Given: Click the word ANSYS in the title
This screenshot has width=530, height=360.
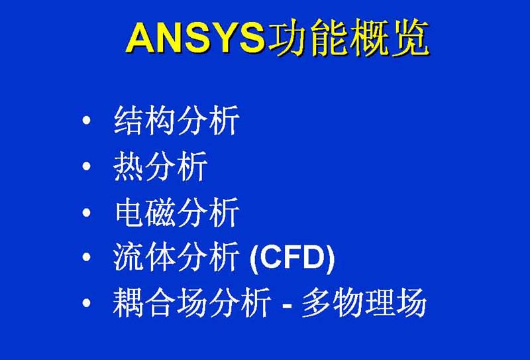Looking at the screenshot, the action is [x=195, y=38].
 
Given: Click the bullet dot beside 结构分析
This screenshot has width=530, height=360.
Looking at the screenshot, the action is [x=87, y=120].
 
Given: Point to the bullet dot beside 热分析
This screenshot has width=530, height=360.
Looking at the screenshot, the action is [x=87, y=166].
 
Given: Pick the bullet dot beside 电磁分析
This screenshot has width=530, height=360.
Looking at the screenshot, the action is [x=87, y=212].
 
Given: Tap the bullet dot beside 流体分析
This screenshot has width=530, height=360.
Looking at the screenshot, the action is [x=87, y=257].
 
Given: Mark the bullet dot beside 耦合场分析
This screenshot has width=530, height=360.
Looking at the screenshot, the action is [x=87, y=302].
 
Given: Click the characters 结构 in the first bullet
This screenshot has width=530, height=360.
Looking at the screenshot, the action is [x=144, y=120].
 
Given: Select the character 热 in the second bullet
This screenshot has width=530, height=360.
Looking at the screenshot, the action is [x=129, y=166].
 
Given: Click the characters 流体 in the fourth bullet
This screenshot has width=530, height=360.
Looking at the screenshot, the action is [x=144, y=257].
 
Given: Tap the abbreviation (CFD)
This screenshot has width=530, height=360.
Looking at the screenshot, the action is [x=292, y=258].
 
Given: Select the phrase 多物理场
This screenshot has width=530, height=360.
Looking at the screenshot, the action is [x=364, y=302].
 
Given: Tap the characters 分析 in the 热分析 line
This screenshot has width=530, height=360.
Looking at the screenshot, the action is [x=176, y=166].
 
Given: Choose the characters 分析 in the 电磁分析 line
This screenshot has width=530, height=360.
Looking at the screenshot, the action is [x=208, y=212].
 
